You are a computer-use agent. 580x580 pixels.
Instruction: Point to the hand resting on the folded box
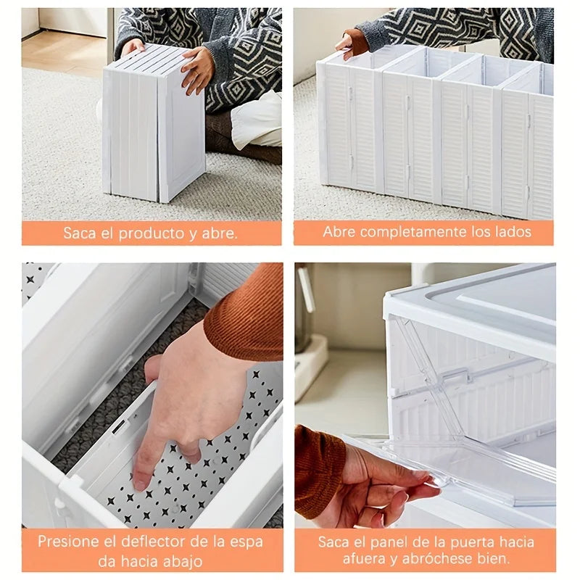pyautogui.click(x=196, y=69)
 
